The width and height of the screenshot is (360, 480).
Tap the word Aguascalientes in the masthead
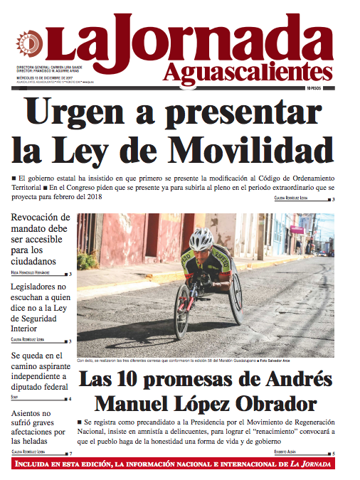(x=247, y=70)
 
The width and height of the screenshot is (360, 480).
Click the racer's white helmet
(x=201, y=238)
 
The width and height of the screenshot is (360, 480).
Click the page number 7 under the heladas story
(x=70, y=453)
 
